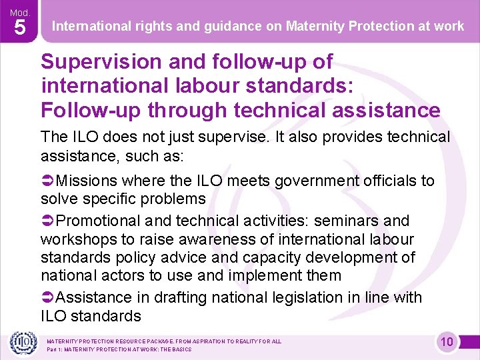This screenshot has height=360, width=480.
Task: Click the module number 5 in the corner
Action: click(x=19, y=28)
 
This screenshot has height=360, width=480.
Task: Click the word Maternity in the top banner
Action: click(x=316, y=27)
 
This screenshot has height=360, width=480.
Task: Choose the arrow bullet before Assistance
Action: click(x=48, y=298)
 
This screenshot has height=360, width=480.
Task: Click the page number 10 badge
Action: click(x=447, y=343)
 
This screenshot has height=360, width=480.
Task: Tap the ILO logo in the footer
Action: click(x=22, y=343)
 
